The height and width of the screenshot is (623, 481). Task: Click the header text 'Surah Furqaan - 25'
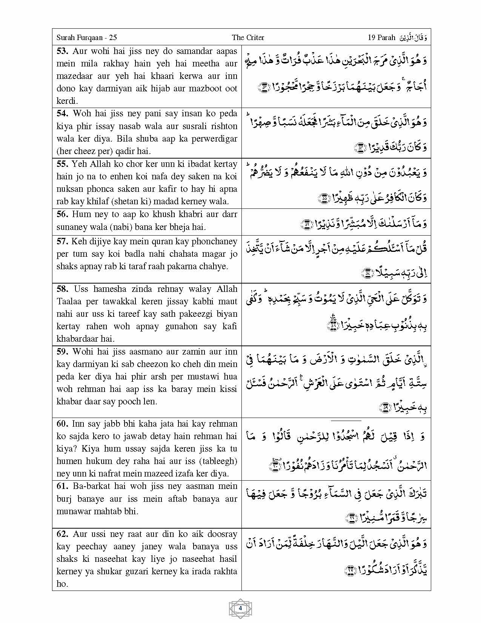pos(86,37)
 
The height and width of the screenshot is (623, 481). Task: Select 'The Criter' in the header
pos(248,37)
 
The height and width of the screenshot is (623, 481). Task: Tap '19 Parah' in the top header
pos(381,37)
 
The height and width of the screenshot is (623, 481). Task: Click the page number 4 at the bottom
pos(240,608)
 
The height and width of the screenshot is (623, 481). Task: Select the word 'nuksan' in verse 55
pos(69,189)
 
